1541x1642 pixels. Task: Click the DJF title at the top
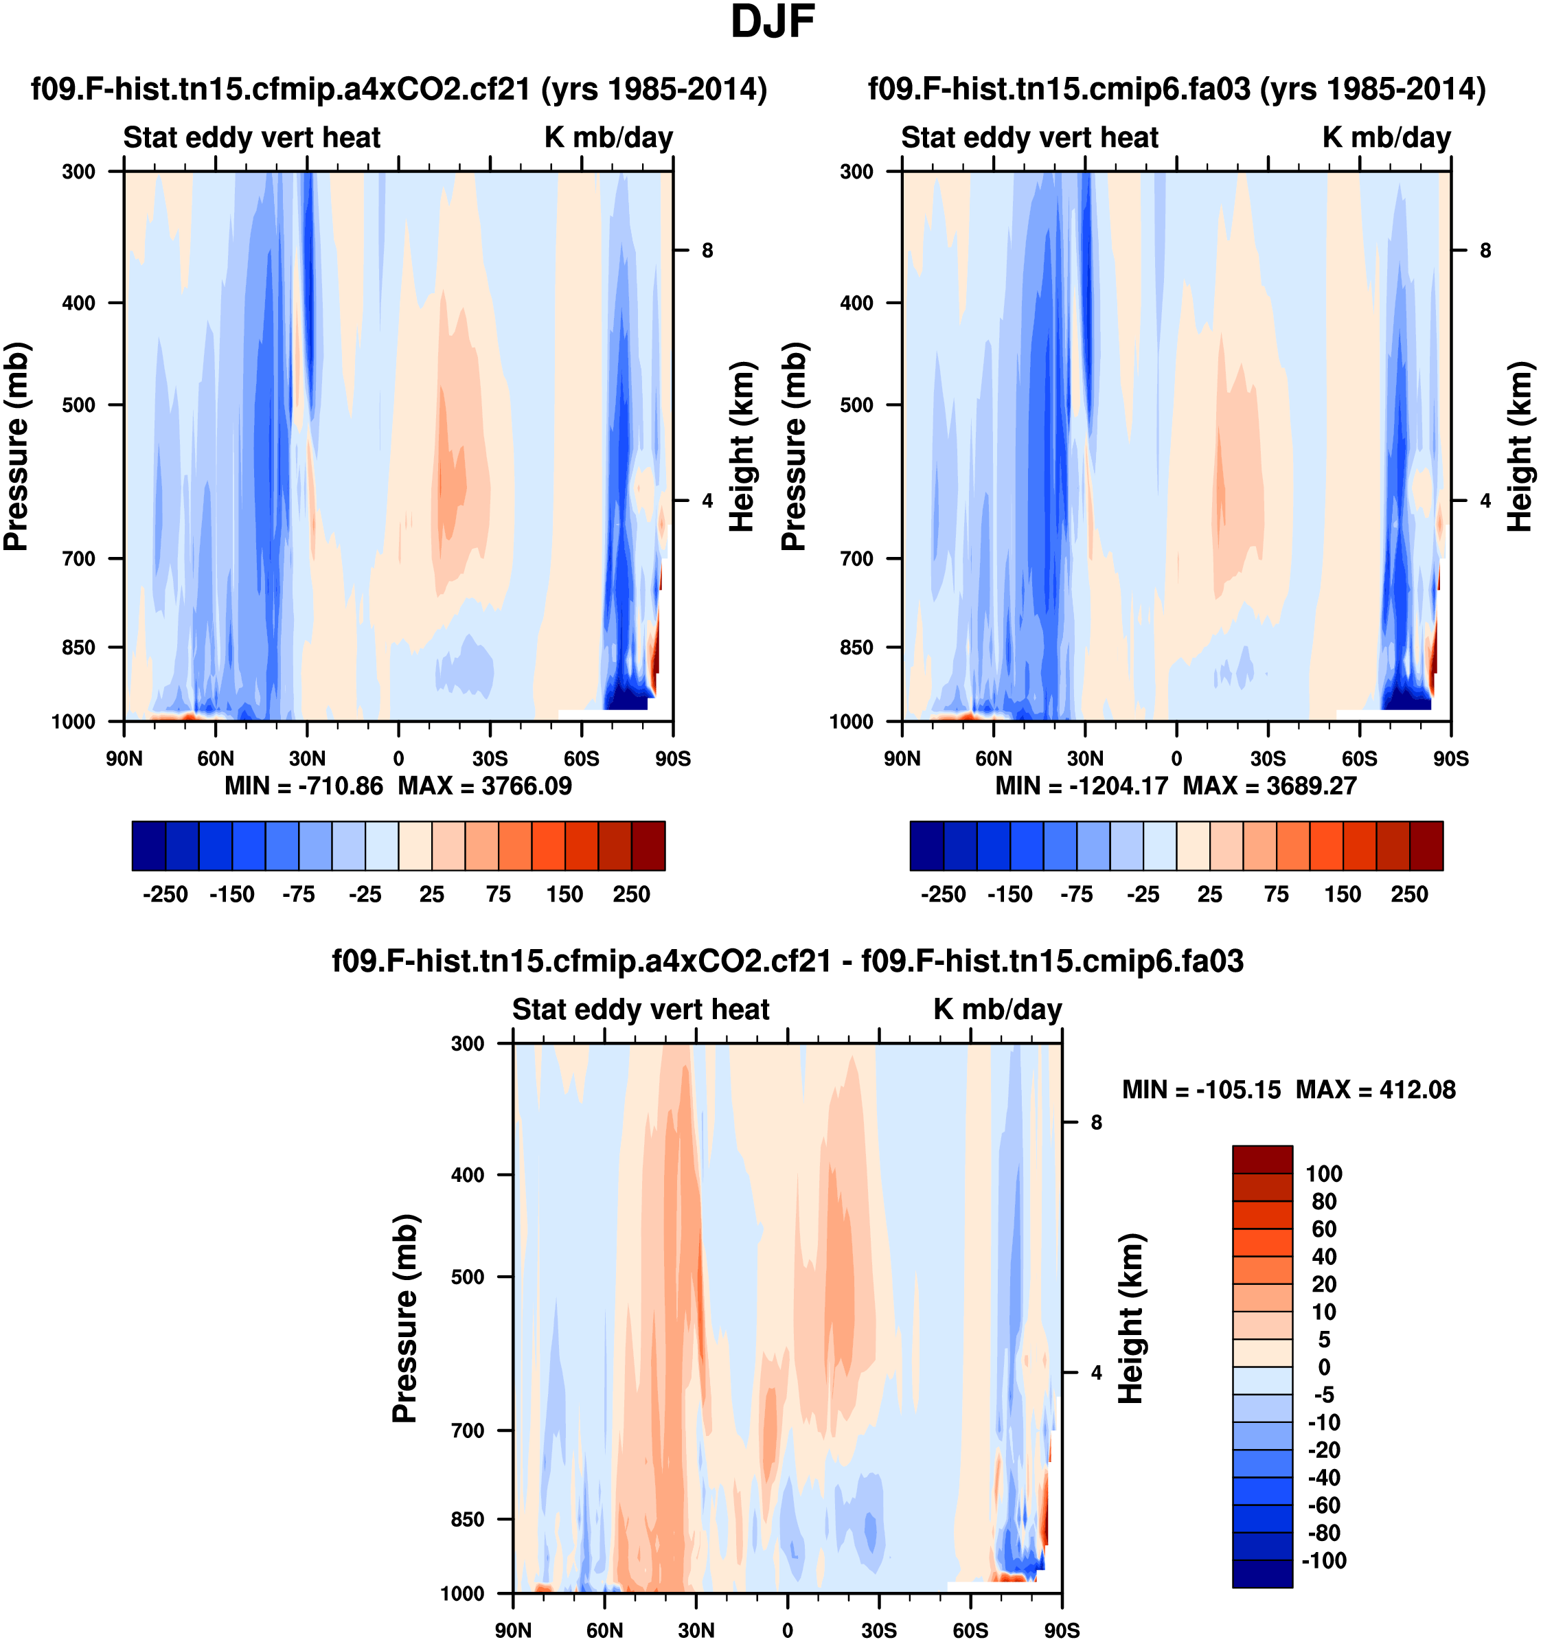click(x=772, y=22)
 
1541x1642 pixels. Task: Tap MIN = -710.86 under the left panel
click(x=304, y=786)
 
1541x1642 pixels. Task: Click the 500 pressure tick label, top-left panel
click(x=78, y=404)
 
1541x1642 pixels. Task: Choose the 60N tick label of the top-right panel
click(x=994, y=758)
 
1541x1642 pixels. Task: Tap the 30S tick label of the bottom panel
click(x=879, y=1630)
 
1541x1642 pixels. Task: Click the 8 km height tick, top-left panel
click(x=707, y=250)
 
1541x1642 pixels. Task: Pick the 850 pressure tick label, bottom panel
click(x=468, y=1519)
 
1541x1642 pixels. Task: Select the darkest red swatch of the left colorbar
click(x=648, y=846)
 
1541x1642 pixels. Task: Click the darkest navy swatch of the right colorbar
click(x=926, y=846)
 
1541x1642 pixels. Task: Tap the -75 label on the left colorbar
click(x=298, y=895)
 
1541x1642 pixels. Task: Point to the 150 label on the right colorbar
click(x=1343, y=895)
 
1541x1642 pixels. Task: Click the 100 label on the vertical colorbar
click(x=1324, y=1174)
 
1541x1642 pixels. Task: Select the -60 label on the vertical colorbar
click(x=1324, y=1505)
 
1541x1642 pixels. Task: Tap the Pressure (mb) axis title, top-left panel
click(x=16, y=446)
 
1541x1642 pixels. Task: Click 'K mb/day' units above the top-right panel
click(x=1386, y=137)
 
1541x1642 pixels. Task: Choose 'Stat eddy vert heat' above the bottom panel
click(x=641, y=1010)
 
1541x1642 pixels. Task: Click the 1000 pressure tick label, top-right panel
click(x=851, y=722)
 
